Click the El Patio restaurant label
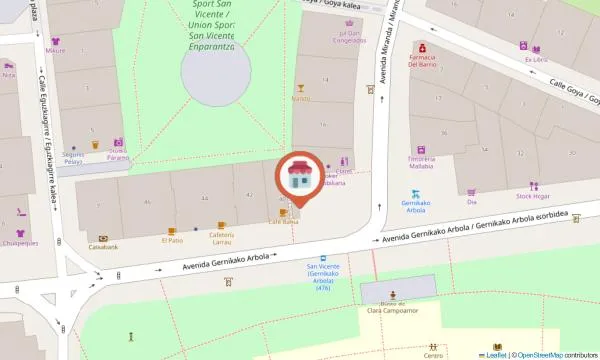[x=172, y=240]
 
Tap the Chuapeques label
[x=19, y=242]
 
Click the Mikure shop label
[x=55, y=50]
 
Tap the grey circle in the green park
[x=216, y=70]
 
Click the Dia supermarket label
[x=471, y=202]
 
